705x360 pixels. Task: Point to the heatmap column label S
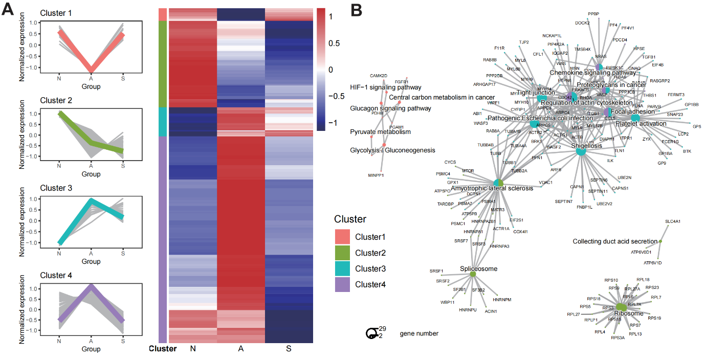coord(288,349)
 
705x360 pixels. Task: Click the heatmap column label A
coord(240,349)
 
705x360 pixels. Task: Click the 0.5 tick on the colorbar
coord(333,43)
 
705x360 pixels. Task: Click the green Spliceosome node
coord(473,275)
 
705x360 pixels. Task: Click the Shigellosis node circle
coord(581,151)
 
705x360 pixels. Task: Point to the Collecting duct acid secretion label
coord(614,241)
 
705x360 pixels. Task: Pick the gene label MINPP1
coord(376,175)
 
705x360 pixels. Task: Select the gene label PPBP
coord(593,14)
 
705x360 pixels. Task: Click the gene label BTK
coord(687,151)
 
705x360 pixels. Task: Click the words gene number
coord(418,334)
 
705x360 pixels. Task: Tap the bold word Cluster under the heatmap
coord(162,349)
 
